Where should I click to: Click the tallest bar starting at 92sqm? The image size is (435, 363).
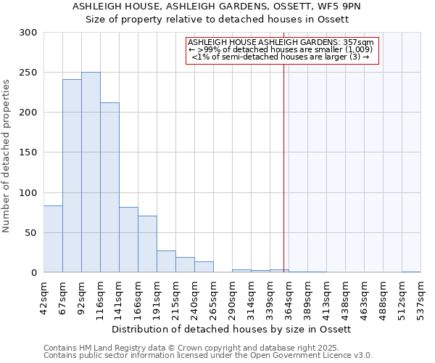(91, 173)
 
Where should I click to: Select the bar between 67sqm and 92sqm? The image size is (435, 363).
(72, 176)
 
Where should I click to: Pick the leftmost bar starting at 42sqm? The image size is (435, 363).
(53, 239)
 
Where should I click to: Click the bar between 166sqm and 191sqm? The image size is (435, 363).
(147, 244)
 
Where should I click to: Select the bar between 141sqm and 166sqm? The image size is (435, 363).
(128, 240)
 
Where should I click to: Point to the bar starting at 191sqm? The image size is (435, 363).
(166, 261)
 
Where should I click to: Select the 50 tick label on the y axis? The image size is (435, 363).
(31, 233)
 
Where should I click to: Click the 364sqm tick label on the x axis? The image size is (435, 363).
(289, 296)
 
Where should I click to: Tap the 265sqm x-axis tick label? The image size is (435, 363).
(213, 296)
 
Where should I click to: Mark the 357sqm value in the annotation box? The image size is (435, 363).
(359, 43)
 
